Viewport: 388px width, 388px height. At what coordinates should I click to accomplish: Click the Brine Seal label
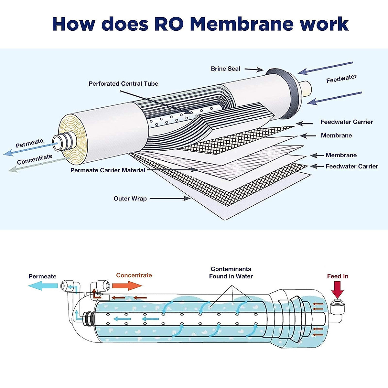point(225,69)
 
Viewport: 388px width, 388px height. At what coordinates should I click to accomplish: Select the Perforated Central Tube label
point(123,83)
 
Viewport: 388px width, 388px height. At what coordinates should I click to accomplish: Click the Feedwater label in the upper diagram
point(341,79)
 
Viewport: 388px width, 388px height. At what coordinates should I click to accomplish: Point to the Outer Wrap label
point(130,199)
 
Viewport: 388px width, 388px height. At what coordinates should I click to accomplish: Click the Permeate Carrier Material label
point(108,170)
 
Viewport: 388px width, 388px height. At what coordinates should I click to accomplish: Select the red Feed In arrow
point(337,289)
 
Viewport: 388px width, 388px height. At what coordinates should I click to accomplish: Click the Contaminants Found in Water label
point(231,273)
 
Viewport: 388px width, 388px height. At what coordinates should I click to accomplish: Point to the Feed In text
point(338,276)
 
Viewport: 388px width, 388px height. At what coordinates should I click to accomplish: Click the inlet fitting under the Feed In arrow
point(338,306)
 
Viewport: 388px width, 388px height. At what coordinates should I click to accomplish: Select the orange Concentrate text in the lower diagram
point(134,275)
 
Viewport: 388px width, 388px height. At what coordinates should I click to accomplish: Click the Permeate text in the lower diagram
point(42,276)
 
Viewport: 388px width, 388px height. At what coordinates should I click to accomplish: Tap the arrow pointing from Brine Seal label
point(254,69)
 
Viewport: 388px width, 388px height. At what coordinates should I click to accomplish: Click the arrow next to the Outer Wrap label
point(170,199)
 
